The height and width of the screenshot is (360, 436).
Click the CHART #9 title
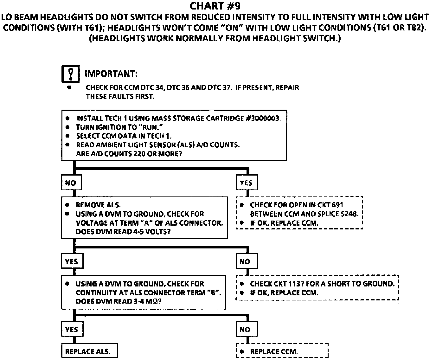coord(215,6)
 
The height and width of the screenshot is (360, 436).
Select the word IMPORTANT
coord(111,74)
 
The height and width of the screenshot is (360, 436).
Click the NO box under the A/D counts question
coord(71,183)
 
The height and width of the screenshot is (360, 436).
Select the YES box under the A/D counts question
coord(246,183)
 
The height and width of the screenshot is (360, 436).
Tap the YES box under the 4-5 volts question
coord(72,262)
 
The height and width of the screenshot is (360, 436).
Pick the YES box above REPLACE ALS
coord(72,330)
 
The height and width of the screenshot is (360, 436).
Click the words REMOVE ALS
coord(98,205)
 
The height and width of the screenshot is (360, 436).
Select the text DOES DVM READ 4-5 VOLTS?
coord(123,232)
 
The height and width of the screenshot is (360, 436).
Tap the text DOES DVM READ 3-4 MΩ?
coord(119,301)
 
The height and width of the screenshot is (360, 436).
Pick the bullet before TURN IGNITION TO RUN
coord(67,127)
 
